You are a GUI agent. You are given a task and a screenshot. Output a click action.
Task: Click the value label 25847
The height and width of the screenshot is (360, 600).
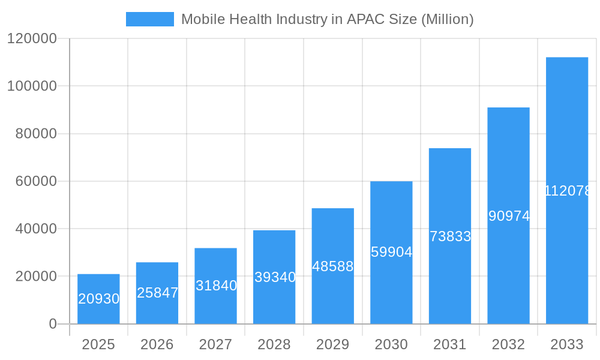(x=157, y=293)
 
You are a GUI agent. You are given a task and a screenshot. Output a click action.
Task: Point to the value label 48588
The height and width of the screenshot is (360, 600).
(x=333, y=266)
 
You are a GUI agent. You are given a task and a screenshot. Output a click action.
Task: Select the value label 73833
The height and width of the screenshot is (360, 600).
(x=450, y=236)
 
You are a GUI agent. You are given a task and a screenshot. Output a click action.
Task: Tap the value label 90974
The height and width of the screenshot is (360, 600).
(x=509, y=216)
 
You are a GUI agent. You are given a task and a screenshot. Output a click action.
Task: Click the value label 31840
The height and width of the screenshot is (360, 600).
(x=216, y=286)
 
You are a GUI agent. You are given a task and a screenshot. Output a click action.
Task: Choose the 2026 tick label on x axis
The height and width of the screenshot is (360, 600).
(x=157, y=344)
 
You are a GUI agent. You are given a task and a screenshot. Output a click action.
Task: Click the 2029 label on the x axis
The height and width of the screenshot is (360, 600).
(x=333, y=344)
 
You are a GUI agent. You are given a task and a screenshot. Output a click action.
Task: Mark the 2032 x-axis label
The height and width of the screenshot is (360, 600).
(x=508, y=344)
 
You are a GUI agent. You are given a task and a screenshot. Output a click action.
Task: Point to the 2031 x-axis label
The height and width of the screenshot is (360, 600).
(x=450, y=344)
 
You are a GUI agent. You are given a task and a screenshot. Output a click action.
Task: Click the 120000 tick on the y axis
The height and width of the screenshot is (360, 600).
(x=32, y=39)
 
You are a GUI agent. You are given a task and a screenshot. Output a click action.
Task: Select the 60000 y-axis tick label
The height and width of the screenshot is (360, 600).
(x=35, y=181)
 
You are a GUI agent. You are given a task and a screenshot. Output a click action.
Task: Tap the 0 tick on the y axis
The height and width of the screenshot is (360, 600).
(x=53, y=324)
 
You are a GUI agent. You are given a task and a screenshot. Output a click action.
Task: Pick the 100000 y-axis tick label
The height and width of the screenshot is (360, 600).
(x=32, y=86)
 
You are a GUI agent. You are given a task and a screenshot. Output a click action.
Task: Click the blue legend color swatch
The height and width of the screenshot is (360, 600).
(x=149, y=19)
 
